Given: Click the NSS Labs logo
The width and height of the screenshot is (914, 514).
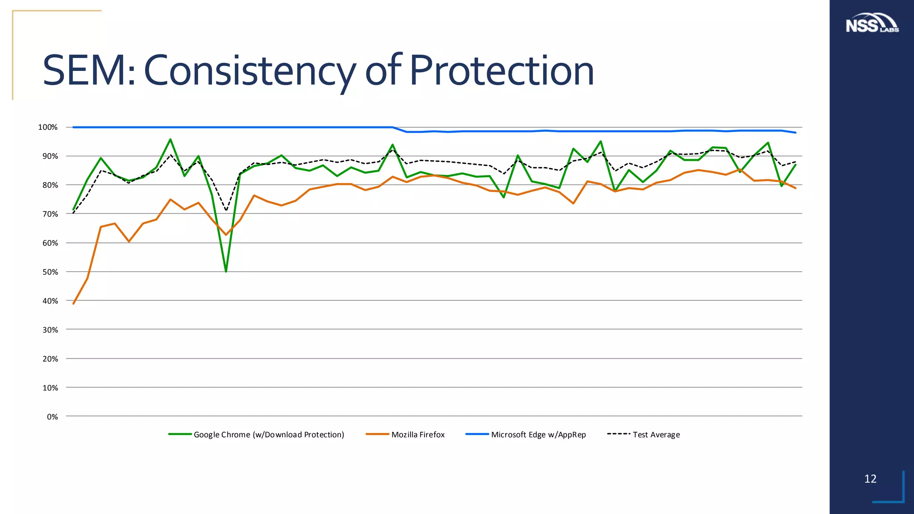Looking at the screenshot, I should pos(872,24).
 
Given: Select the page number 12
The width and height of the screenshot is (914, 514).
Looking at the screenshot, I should pos(870,479).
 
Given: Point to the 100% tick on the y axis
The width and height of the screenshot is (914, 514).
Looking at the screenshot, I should pos(48,128).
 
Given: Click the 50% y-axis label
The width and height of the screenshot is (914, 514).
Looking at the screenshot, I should pos(50,272).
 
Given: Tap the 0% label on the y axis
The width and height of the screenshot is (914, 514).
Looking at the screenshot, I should pos(52,417).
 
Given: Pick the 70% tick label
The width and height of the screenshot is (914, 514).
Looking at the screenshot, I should pos(50,214).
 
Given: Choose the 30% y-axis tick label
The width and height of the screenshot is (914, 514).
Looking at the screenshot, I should pos(50,330).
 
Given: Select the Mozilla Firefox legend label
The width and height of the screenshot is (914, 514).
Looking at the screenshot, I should pos(418,435).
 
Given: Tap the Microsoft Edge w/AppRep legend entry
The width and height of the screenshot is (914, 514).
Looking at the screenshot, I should pos(538,435).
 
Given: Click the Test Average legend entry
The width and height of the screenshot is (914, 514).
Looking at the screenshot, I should pos(656,435).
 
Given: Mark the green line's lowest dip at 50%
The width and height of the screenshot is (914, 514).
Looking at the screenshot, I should pos(226,271).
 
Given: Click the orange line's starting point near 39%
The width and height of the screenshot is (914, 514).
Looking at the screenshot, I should pos(74,303).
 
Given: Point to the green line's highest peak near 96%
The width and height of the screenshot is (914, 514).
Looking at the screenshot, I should pos(170,140).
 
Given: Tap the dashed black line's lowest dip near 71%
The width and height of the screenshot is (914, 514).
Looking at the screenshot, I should pos(226,210).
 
